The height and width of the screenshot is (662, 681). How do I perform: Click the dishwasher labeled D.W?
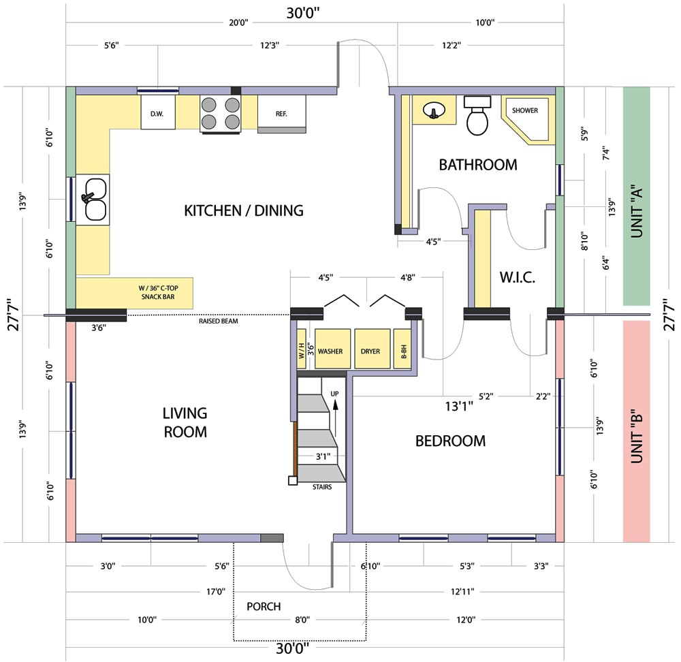(157, 113)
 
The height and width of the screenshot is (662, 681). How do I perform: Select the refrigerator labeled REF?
(281, 113)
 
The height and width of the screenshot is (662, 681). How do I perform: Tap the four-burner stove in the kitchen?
(221, 113)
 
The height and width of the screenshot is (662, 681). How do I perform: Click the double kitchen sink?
(95, 200)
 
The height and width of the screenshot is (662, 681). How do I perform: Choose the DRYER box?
(370, 351)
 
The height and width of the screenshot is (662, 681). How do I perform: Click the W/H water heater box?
(302, 351)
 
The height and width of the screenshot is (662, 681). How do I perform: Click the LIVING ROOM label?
(185, 422)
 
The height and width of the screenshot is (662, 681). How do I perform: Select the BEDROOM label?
(450, 441)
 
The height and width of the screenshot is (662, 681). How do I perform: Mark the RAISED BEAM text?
(218, 321)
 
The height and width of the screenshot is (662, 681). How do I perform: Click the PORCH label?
(264, 606)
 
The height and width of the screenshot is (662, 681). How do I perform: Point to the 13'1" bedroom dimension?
(459, 407)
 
